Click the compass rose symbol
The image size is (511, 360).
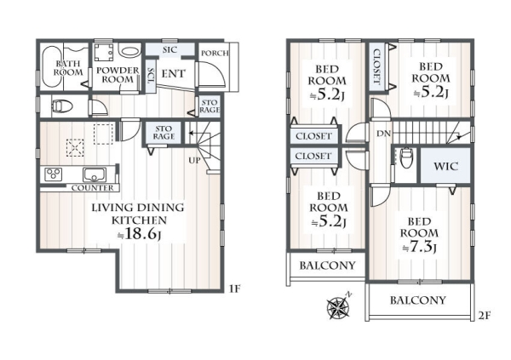point(338,306)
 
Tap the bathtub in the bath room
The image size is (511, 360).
point(51,66)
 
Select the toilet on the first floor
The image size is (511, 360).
point(62,106)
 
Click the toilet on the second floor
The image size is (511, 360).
point(406,158)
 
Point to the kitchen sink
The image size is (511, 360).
point(95,174)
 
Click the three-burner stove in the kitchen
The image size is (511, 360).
point(54,174)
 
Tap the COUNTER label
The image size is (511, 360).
point(93,188)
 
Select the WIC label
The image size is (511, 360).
point(445,166)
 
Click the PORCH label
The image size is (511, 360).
point(215,53)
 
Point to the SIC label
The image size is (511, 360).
point(169,50)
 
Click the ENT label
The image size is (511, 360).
point(174,74)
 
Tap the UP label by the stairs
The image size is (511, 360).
point(194,160)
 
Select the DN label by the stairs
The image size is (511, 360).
point(383,134)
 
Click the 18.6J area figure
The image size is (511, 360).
point(139,233)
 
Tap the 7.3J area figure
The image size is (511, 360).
point(419,247)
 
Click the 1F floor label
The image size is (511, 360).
point(235,289)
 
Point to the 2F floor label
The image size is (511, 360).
point(485,316)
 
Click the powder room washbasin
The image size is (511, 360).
point(129,51)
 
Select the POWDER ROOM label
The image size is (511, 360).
point(118,75)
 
